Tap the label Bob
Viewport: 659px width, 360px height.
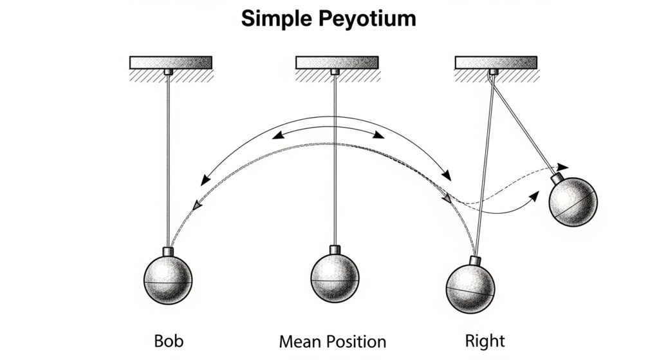(x=168, y=340)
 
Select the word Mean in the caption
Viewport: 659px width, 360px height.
(x=302, y=341)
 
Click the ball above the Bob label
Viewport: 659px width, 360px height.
(x=167, y=281)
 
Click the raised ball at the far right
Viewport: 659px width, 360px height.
(x=573, y=202)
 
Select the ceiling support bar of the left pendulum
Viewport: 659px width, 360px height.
(x=171, y=62)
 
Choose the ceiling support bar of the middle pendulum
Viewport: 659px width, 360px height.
(x=337, y=62)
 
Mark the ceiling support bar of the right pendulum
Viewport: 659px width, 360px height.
(x=496, y=62)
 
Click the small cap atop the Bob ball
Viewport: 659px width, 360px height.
(x=168, y=251)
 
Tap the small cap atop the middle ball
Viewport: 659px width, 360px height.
(x=335, y=249)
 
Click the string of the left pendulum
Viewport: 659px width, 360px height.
(x=168, y=161)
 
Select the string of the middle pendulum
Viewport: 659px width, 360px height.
(x=335, y=161)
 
